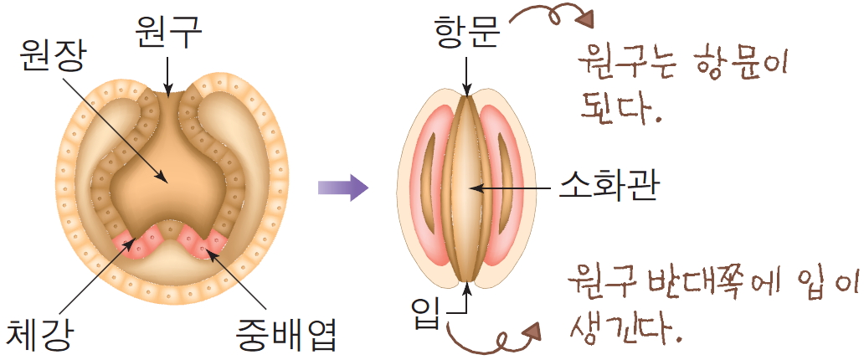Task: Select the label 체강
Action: click(39, 333)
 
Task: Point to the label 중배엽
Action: click(285, 333)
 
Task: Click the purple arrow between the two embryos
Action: click(343, 187)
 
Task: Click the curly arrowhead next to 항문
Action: click(585, 19)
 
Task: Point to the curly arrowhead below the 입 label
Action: click(528, 331)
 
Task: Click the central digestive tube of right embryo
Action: click(466, 188)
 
